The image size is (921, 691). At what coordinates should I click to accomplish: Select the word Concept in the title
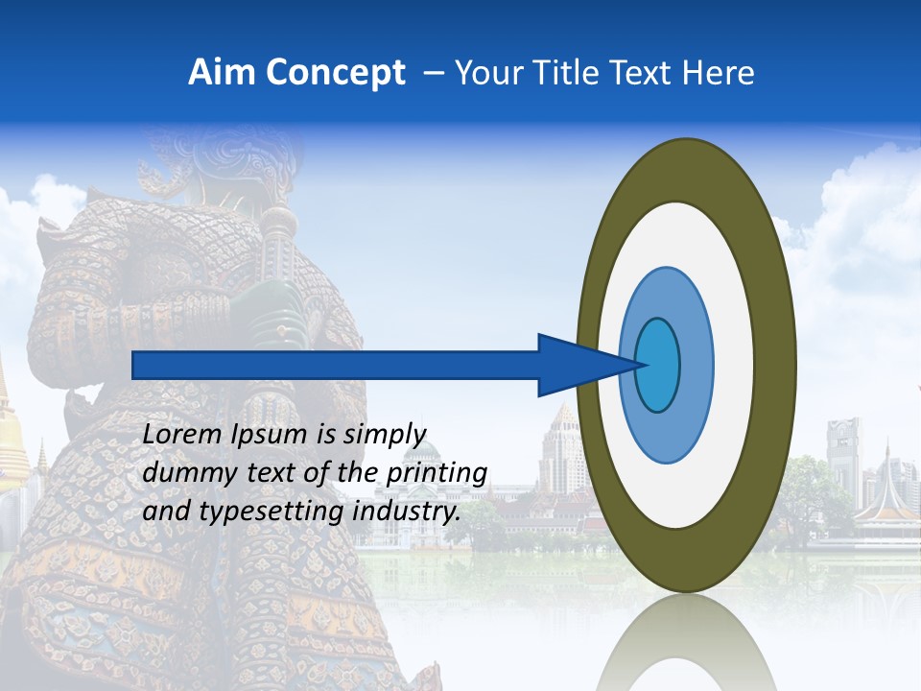(x=336, y=73)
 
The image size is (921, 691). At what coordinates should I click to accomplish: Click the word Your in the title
(x=487, y=73)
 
